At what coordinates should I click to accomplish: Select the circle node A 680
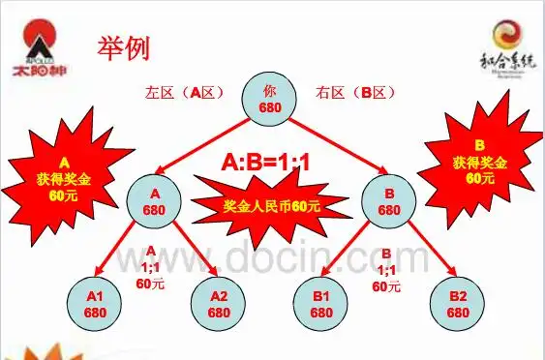coord(155,201)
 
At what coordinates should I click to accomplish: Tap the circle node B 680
coord(388,201)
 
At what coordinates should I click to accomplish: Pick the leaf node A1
coord(93,305)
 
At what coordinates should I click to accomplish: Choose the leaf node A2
coord(218,305)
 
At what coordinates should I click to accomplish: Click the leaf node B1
coord(322,305)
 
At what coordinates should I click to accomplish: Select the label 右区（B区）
coord(356,94)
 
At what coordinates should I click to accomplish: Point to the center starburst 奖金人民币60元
coord(271,205)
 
